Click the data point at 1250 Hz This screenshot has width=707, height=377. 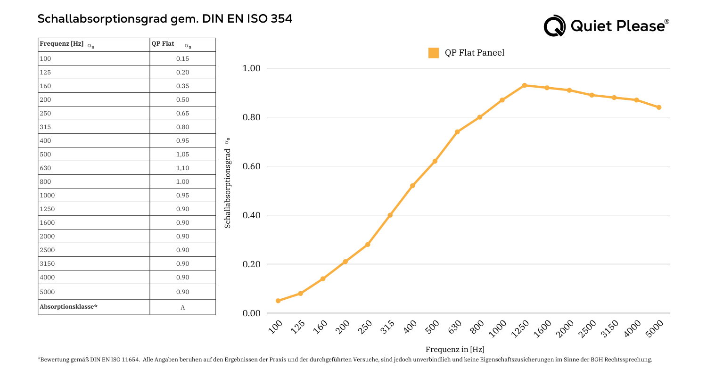coord(525,85)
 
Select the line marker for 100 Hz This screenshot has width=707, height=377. coord(278,301)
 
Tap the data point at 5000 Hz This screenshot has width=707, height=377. coord(659,107)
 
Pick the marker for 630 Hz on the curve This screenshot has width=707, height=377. coord(457,132)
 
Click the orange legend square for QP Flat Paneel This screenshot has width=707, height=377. coord(434,53)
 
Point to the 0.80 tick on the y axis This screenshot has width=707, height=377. coord(251,117)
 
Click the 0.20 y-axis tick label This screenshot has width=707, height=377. coord(251,264)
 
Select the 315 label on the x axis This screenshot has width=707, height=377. coord(387,327)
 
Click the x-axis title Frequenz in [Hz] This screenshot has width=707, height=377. coord(455,350)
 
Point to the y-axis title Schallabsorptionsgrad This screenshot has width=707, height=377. coord(228,188)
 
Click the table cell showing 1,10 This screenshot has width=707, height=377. coord(182,168)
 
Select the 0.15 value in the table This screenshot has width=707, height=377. coord(182,59)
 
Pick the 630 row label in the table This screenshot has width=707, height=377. coord(46,168)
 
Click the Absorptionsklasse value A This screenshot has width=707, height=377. coord(182,308)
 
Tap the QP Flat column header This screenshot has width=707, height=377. coord(163,44)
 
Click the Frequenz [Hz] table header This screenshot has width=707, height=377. coord(62,44)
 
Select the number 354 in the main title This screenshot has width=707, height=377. coord(281,19)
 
